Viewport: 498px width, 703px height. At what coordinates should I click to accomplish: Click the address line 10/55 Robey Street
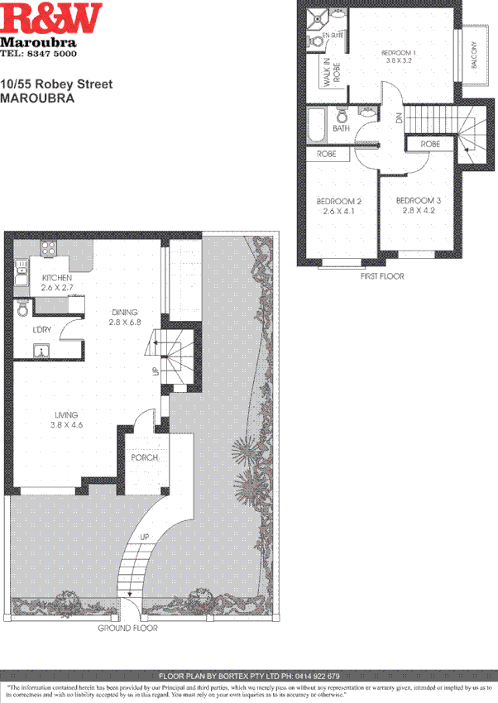coord(55,84)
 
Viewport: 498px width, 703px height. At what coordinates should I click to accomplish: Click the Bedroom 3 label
coord(418,200)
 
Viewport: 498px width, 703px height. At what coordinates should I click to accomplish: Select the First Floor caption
coord(382,276)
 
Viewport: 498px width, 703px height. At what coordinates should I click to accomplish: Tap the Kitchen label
coord(55,278)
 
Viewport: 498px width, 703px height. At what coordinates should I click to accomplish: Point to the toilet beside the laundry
coord(23,308)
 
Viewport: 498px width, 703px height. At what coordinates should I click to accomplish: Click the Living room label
coord(66,415)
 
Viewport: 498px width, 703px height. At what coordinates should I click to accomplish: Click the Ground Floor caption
coord(128,628)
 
